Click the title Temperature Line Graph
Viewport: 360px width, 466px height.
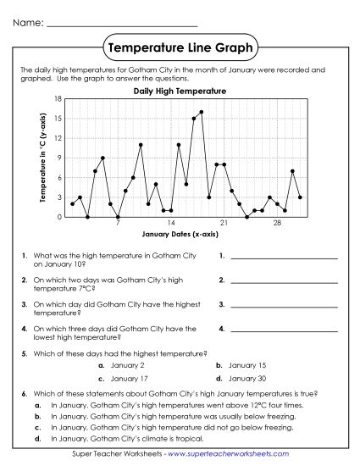[x=180, y=48]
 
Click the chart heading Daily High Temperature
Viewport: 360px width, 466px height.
[x=180, y=90]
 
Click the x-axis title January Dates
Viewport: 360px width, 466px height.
[x=180, y=233]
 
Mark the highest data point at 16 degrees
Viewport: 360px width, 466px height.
[x=201, y=112]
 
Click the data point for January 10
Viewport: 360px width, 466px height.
[x=141, y=145]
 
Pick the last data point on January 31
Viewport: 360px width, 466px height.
[x=300, y=197]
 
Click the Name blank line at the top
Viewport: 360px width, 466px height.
[x=122, y=25]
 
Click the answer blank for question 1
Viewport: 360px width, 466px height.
[x=283, y=258]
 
